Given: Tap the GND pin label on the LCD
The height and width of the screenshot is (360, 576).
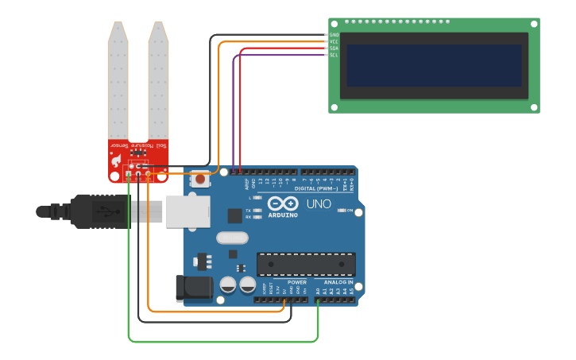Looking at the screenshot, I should [334, 35].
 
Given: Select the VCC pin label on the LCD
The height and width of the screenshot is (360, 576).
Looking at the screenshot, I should [334, 41].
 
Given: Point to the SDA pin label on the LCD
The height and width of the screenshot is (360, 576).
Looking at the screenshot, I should [334, 48].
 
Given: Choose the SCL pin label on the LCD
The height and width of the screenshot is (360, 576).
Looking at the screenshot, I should [334, 55].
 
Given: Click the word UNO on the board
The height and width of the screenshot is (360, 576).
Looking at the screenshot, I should [319, 203].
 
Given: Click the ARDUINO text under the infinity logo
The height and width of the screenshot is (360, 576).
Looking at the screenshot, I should [282, 215].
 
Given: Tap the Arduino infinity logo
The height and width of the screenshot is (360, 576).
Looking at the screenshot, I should [282, 203].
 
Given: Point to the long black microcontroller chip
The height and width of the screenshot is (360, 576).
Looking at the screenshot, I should [306, 264].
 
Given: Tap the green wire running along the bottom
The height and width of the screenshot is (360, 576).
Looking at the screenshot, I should [222, 342].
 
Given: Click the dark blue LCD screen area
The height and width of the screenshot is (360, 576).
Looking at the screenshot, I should [434, 65].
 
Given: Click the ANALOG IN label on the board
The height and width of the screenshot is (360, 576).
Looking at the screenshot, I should [338, 282].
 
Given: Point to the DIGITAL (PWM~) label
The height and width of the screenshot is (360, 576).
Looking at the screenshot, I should [316, 188].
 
